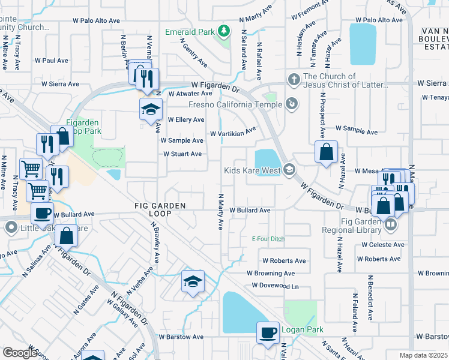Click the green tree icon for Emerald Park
point(223,30)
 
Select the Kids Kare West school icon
point(289,170)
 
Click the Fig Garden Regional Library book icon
point(391,224)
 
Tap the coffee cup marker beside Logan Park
point(268,332)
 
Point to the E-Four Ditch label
point(268,239)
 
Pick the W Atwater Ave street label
point(190,94)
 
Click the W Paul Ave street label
point(52,61)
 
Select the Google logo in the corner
point(20,353)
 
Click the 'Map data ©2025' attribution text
point(423,355)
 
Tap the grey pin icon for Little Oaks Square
point(11,228)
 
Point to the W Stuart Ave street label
point(183,154)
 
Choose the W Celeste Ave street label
point(383,245)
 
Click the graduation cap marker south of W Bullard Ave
point(192,281)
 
